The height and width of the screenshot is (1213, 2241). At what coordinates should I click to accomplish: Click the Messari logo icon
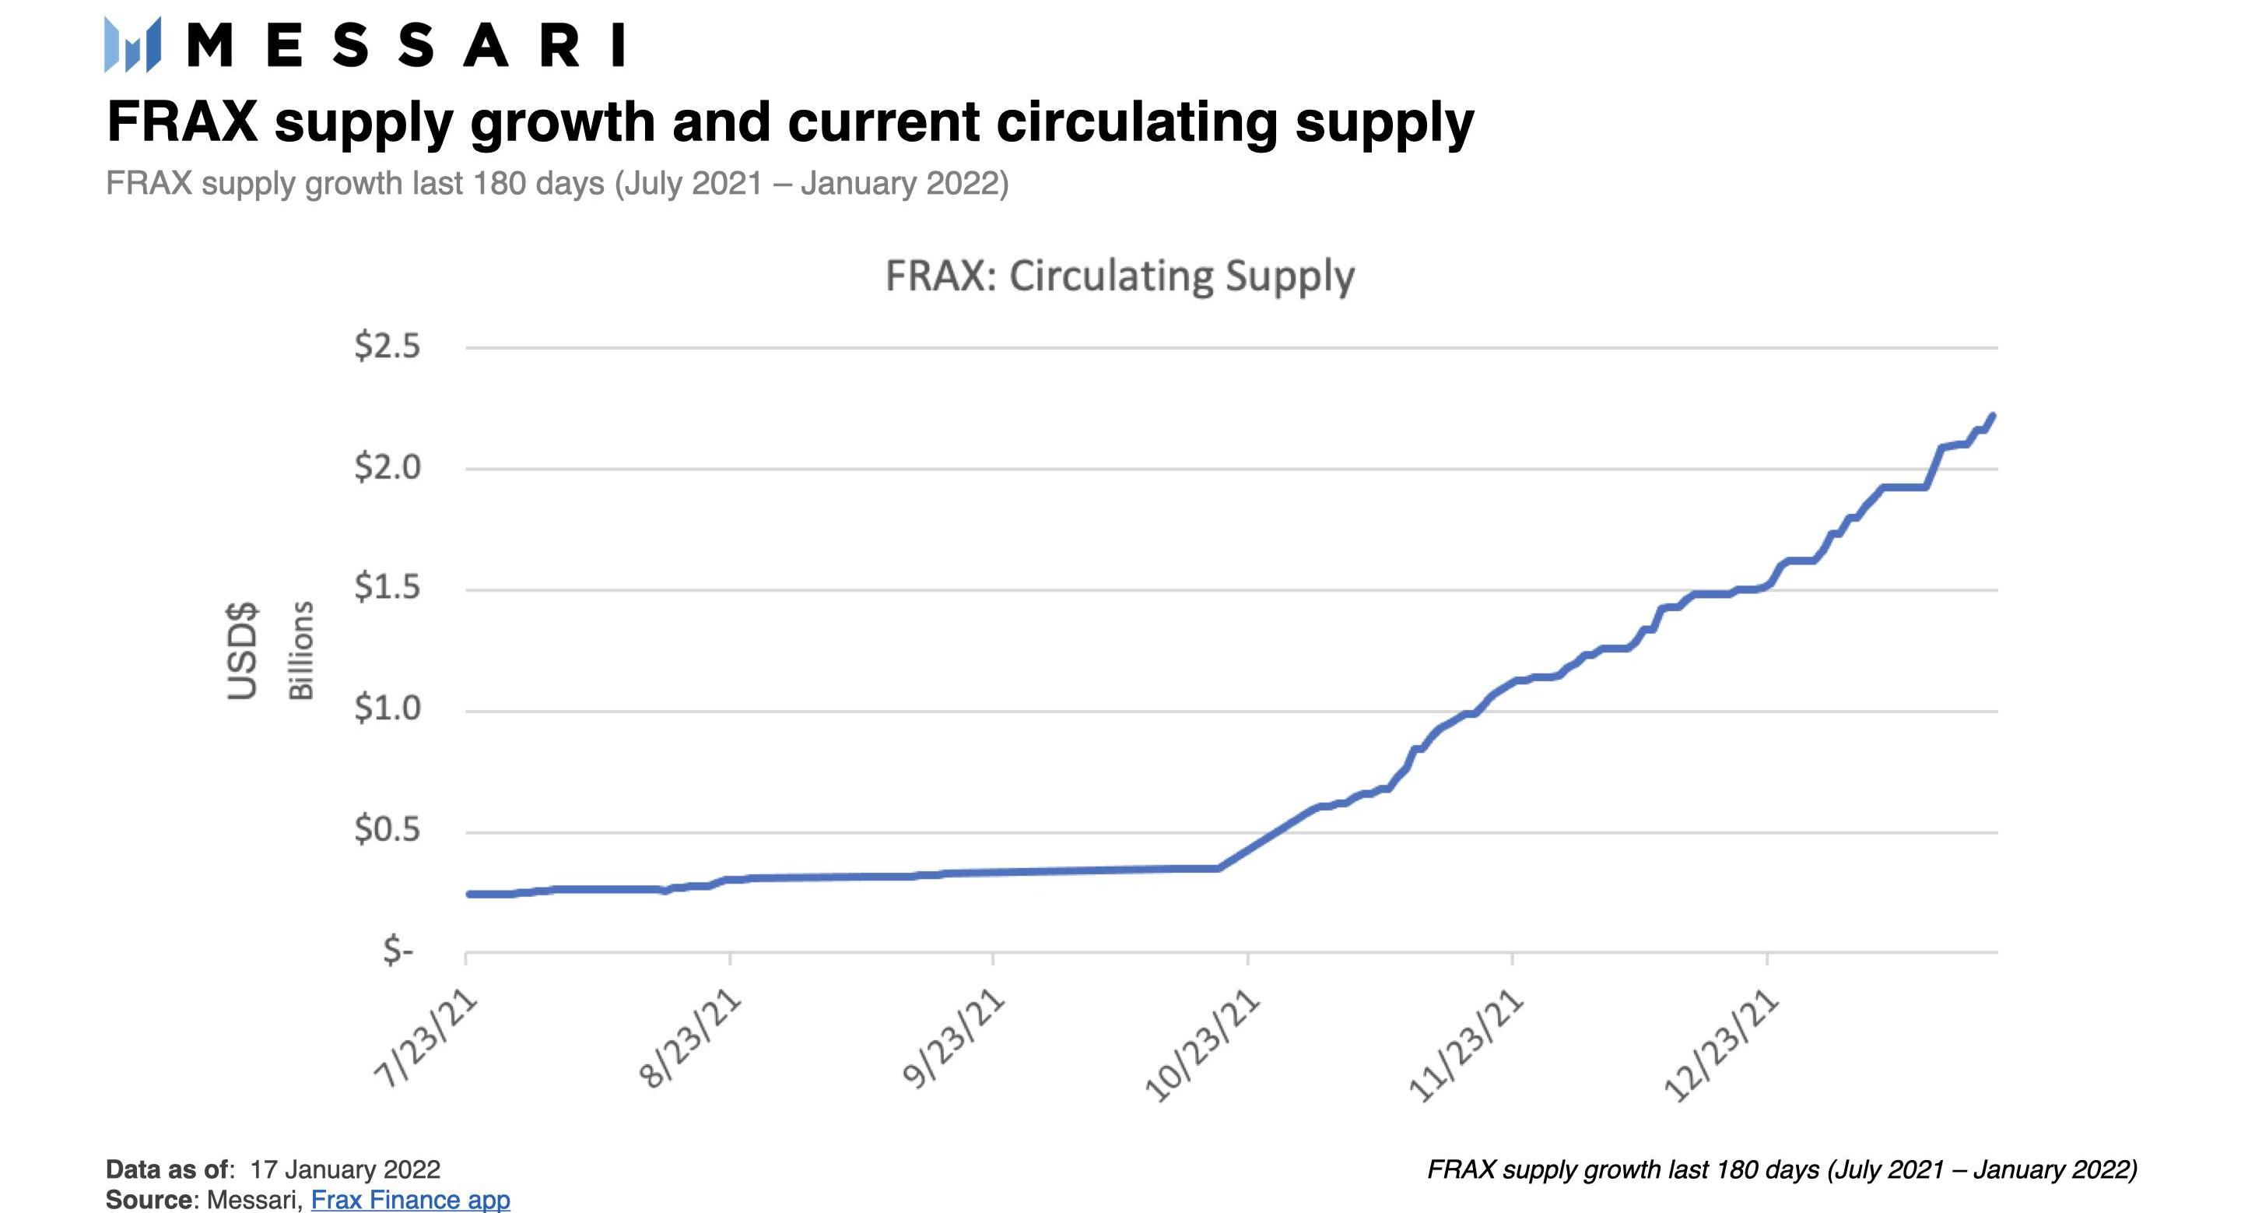tap(132, 44)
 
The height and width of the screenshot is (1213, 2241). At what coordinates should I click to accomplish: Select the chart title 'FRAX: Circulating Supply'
tap(1120, 276)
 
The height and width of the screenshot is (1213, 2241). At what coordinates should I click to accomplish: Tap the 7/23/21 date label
tap(426, 1040)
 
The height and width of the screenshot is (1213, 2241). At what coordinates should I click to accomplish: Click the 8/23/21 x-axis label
tap(690, 1040)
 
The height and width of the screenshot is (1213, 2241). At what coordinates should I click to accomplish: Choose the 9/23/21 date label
tap(953, 1040)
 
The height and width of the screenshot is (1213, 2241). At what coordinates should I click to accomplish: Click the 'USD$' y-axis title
tap(243, 650)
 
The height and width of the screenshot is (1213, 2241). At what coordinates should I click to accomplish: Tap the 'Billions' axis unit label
tap(300, 650)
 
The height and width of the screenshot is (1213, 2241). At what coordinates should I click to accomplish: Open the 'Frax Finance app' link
tap(410, 1199)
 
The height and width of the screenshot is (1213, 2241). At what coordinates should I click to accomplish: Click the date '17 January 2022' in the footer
tap(345, 1169)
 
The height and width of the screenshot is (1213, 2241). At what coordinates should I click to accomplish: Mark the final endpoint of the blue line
tap(1992, 416)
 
